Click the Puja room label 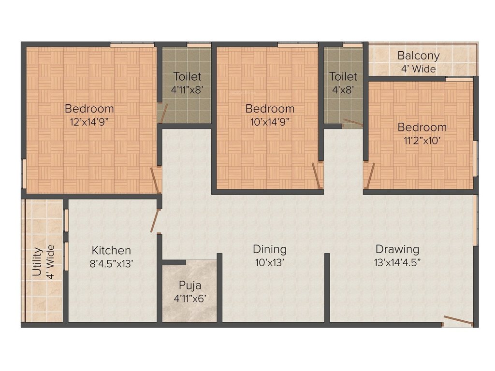(189, 285)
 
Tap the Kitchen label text (112, 250)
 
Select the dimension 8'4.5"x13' (112, 264)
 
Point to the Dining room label (270, 249)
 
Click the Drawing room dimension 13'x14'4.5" (397, 263)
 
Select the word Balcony (418, 56)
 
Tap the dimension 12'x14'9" (89, 122)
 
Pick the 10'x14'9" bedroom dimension (270, 122)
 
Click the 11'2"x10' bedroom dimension (422, 141)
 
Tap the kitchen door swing (155, 221)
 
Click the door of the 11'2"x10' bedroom (370, 176)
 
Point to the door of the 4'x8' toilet (353, 123)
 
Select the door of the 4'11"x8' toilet (163, 113)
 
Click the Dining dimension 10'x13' (270, 263)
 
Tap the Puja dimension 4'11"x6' (189, 299)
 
